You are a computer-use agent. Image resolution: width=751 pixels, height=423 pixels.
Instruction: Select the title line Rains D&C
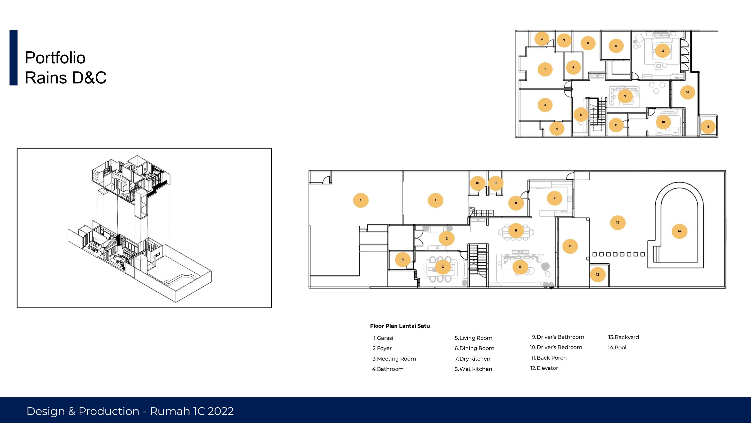tap(66, 78)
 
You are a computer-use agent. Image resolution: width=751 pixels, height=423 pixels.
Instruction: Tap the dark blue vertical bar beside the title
tap(14, 58)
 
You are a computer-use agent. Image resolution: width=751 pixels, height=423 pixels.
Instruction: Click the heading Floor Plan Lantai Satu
tap(400, 326)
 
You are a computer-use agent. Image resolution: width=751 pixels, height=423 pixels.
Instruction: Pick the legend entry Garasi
tap(383, 338)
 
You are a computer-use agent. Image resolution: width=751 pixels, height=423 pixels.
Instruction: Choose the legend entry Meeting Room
tap(394, 359)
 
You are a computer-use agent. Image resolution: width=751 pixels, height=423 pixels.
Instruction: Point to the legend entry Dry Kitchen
tap(473, 359)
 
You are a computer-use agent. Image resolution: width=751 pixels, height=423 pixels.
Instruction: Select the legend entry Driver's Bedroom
tap(556, 347)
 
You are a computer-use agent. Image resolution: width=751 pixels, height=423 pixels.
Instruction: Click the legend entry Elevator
tap(544, 368)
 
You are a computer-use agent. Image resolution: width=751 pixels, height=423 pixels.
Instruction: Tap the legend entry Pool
tap(617, 347)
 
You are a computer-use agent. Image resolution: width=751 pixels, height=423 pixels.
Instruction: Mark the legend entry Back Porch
tap(549, 358)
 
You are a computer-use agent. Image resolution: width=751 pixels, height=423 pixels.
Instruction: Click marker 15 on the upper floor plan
tap(708, 127)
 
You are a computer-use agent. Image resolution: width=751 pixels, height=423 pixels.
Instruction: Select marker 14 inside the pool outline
tap(680, 231)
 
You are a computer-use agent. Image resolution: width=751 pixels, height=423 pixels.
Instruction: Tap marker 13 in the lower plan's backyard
tap(618, 223)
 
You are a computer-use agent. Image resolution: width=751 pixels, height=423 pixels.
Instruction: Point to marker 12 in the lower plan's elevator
tap(598, 274)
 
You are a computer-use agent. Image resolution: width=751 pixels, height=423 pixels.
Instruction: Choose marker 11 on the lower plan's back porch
tap(570, 246)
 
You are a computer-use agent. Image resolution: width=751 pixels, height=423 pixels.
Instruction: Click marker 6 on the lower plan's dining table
tap(516, 230)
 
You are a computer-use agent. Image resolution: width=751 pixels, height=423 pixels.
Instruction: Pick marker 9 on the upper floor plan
tap(625, 96)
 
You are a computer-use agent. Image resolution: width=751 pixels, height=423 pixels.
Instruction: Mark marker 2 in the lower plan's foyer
tap(447, 238)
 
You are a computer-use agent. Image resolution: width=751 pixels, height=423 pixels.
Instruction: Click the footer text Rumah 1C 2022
tap(192, 411)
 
